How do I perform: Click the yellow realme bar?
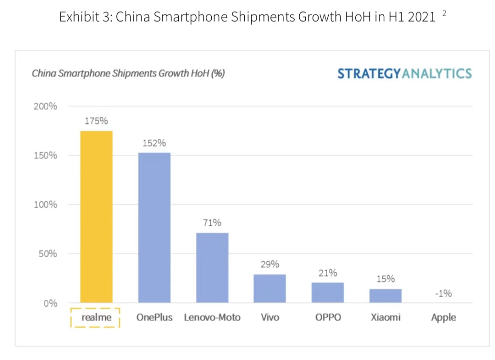(x=96, y=216)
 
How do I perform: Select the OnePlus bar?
(x=154, y=227)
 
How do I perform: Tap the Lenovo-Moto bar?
(x=212, y=267)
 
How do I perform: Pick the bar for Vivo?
(x=269, y=288)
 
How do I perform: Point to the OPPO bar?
(x=328, y=292)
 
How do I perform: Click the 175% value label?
(x=96, y=121)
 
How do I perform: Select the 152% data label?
(x=154, y=143)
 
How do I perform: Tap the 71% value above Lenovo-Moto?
(x=212, y=223)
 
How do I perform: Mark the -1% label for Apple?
(x=443, y=294)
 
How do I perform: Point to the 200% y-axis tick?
(x=45, y=106)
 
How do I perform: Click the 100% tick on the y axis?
(x=45, y=205)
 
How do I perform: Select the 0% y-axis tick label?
(x=50, y=303)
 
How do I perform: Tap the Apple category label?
(x=443, y=317)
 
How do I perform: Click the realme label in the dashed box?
(x=96, y=317)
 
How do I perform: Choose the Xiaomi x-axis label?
(x=385, y=317)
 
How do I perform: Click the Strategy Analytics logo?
(x=404, y=73)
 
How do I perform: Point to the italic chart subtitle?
(x=128, y=73)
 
